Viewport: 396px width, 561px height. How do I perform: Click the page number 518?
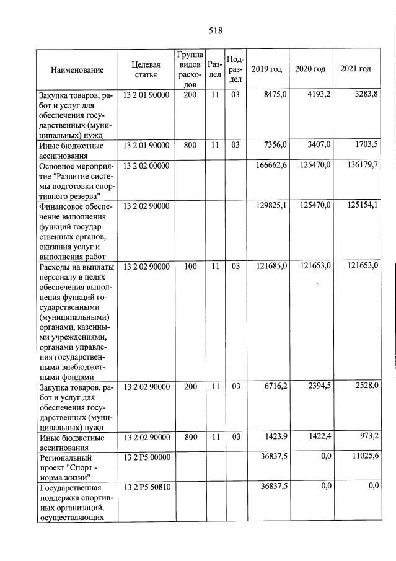tap(215, 30)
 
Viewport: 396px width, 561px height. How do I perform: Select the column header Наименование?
tap(77, 69)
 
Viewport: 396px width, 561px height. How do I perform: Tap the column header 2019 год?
tap(266, 69)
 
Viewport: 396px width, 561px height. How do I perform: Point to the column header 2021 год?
tap(356, 68)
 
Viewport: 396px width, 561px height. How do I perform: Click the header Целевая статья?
tap(146, 69)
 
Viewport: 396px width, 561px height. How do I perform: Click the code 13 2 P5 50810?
tap(146, 487)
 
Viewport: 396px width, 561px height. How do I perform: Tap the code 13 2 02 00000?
tap(146, 166)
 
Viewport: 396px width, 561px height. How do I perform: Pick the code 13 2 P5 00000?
tap(146, 457)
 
